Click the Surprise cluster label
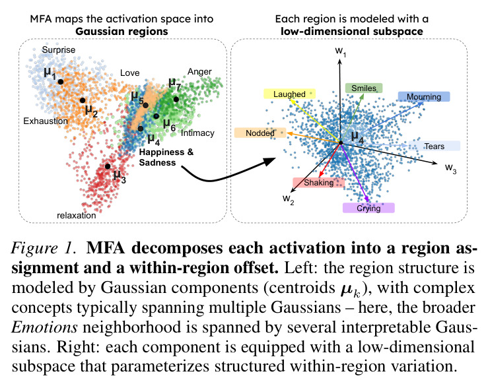click(59, 49)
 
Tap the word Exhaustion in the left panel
click(46, 121)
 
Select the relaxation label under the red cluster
click(76, 215)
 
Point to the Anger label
click(199, 72)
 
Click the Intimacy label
click(197, 133)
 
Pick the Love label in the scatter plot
click(130, 73)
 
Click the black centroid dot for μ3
click(108, 166)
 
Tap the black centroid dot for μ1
click(61, 82)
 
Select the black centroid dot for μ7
click(176, 100)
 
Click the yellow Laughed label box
click(289, 94)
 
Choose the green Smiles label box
click(364, 88)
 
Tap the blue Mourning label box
click(424, 97)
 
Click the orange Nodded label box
click(260, 133)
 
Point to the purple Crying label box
click(368, 208)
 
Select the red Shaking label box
click(319, 183)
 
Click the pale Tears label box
click(435, 146)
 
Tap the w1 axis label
click(341, 51)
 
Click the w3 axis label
click(450, 168)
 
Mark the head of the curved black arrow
click(275, 159)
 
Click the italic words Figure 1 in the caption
click(44, 248)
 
